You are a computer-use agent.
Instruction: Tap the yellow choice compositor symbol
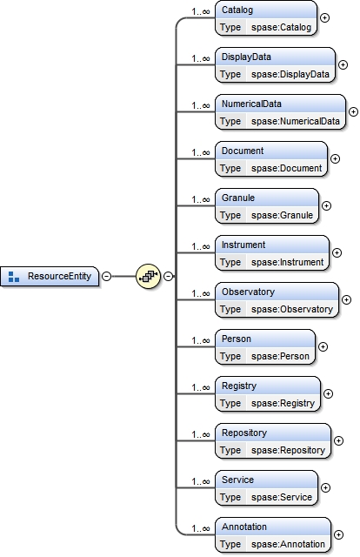point(148,277)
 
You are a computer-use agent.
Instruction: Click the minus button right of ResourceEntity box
point(106,277)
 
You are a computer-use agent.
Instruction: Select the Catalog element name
point(237,10)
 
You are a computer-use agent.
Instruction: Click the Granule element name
point(238,198)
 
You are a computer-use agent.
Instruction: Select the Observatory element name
point(248,292)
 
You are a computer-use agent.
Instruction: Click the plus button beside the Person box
point(323,346)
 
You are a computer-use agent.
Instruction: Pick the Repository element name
point(243,433)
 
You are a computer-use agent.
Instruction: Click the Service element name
point(237,480)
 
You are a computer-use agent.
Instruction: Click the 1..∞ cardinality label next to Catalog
point(200,11)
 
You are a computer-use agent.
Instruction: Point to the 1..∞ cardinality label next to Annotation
point(200,528)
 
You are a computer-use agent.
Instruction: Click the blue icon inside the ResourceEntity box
point(13,277)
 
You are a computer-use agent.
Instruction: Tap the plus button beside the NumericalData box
point(353,111)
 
